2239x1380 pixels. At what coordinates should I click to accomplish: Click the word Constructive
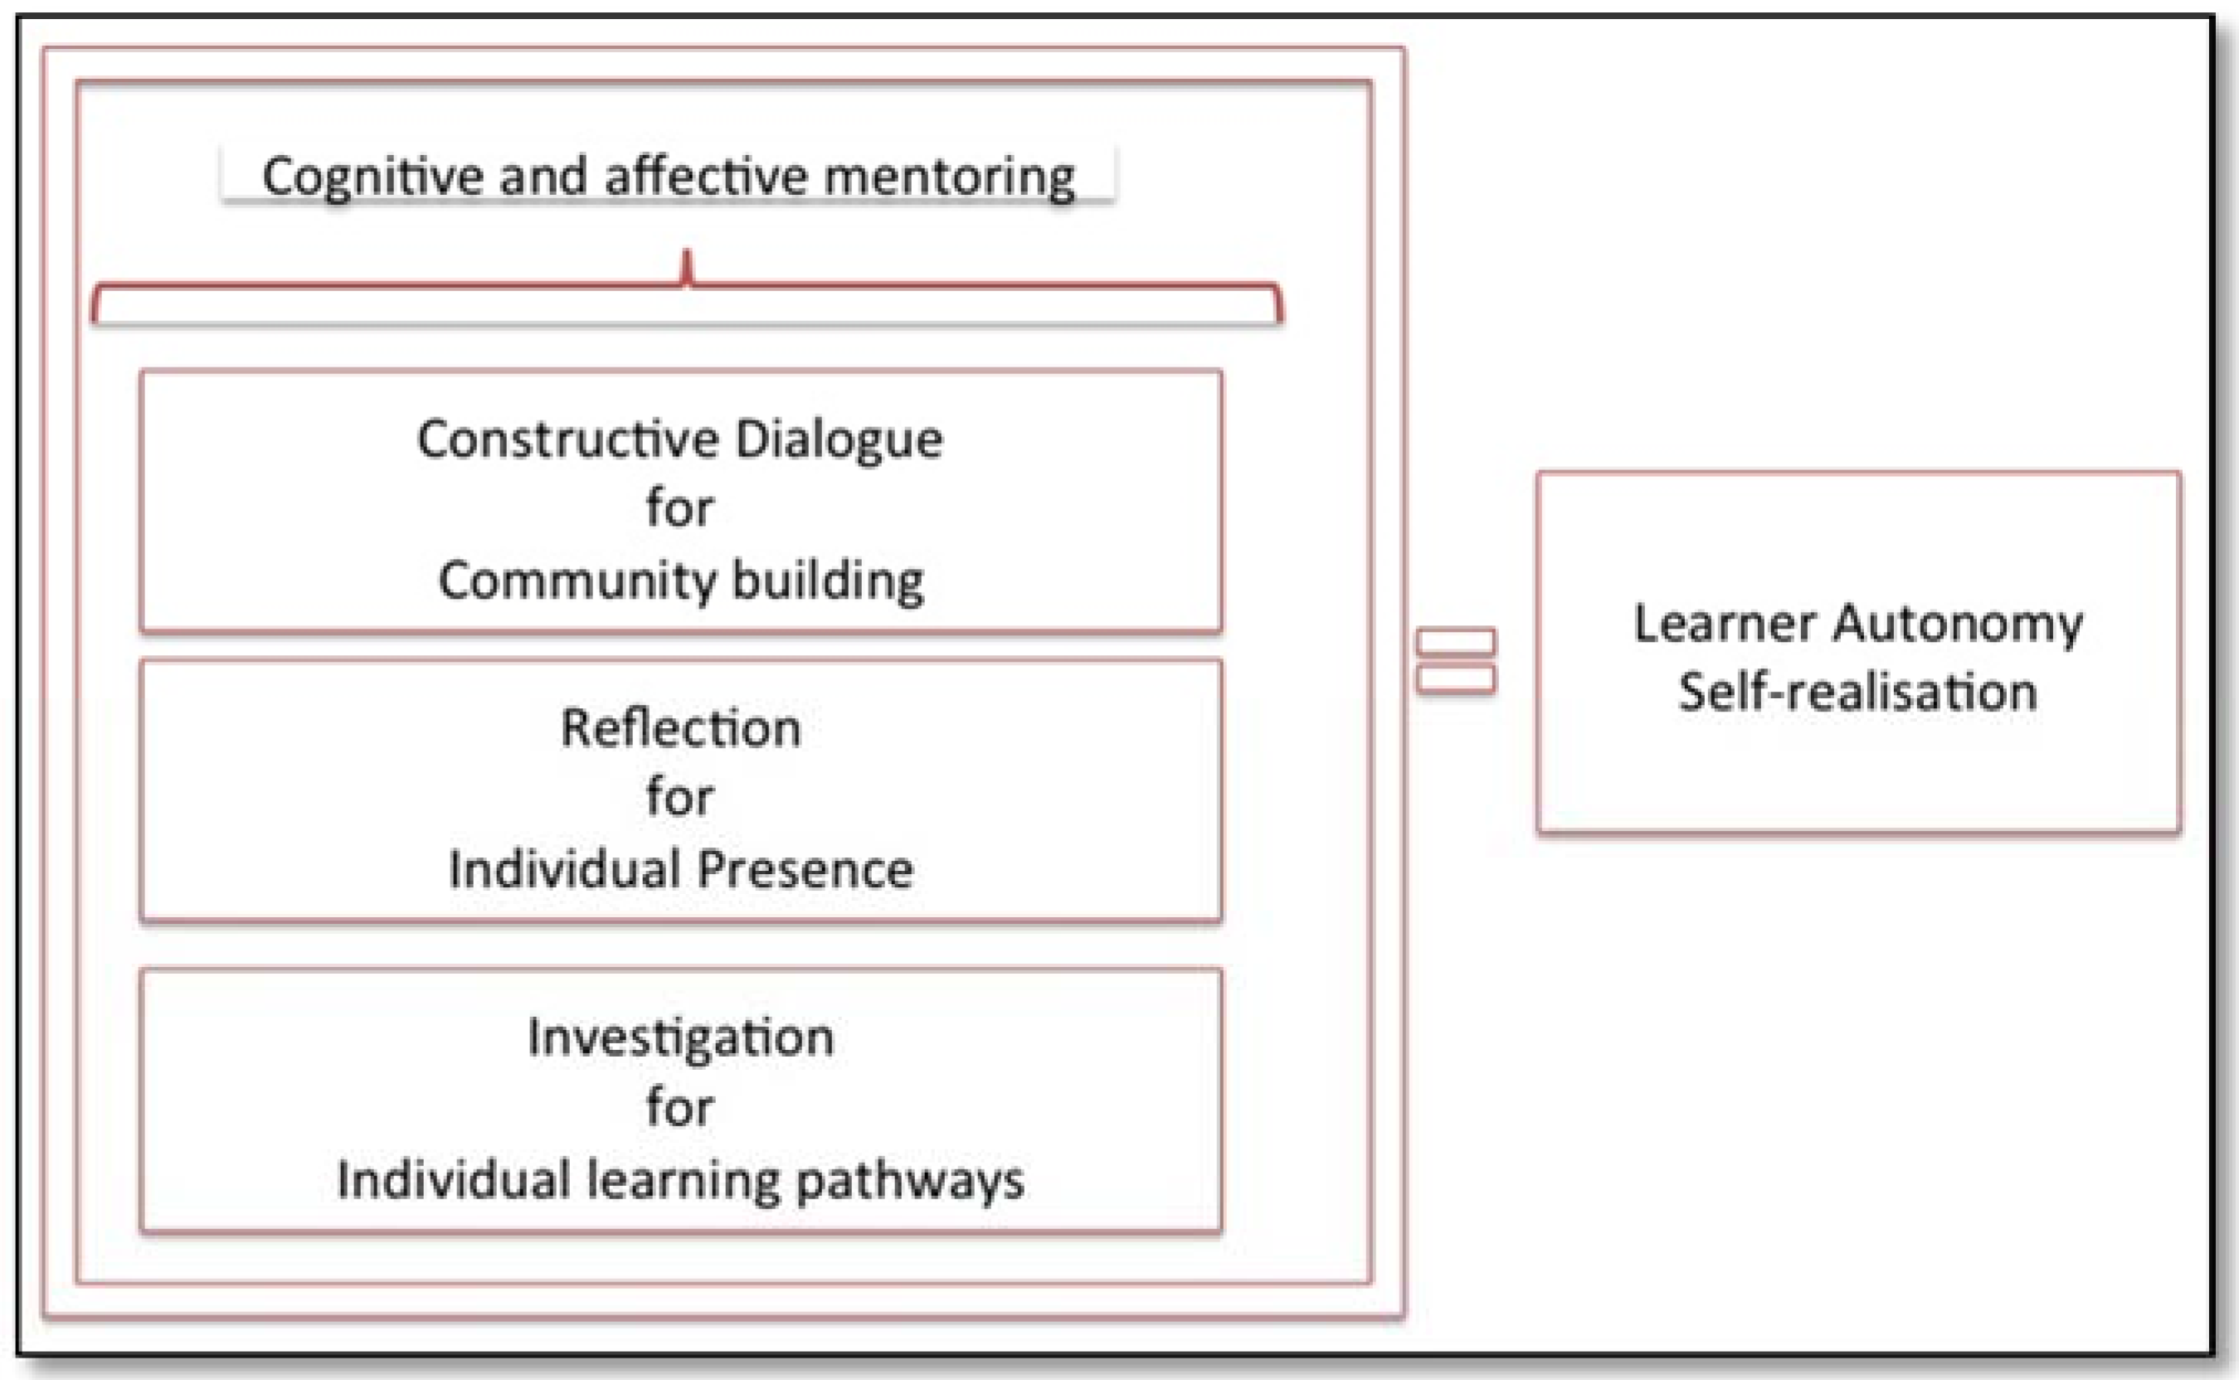(x=567, y=439)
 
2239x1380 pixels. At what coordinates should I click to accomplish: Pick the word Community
(x=577, y=580)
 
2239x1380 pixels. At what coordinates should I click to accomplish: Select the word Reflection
(x=681, y=728)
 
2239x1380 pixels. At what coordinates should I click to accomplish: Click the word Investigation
(x=681, y=1038)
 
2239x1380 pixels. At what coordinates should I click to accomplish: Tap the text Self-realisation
(x=1857, y=692)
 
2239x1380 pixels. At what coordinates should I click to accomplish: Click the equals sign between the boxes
(x=1456, y=661)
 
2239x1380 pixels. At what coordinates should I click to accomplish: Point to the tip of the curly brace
(x=688, y=255)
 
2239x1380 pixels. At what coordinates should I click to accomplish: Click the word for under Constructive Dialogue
(x=679, y=508)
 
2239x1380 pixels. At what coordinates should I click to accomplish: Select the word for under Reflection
(x=679, y=797)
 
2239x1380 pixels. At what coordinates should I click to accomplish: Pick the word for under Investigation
(x=679, y=1107)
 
